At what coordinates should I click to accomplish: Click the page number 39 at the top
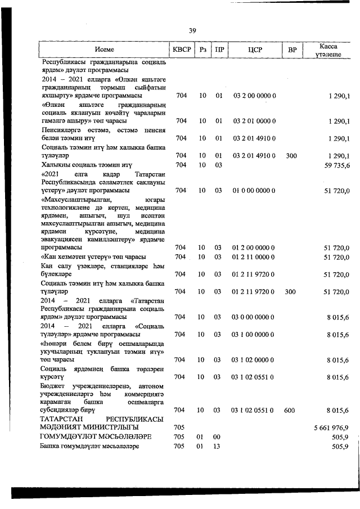192,30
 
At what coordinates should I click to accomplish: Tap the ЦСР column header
254,50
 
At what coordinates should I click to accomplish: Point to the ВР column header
291,50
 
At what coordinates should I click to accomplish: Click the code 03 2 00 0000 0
254,96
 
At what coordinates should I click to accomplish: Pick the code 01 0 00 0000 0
254,191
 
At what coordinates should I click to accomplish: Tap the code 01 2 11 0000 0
254,257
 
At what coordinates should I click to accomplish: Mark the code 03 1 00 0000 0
254,335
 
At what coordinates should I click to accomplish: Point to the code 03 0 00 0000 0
254,317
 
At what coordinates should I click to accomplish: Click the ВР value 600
290,411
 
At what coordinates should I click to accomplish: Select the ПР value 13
219,446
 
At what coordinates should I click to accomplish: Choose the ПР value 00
219,437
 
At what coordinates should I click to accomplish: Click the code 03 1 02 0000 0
254,360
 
